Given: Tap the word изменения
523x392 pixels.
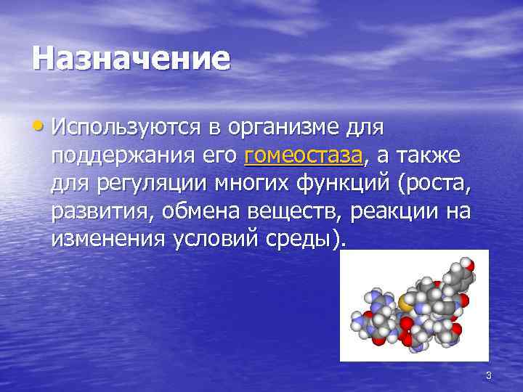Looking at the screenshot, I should pyautogui.click(x=108, y=241).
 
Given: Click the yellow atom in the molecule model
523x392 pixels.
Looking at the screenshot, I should pyautogui.click(x=402, y=299).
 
